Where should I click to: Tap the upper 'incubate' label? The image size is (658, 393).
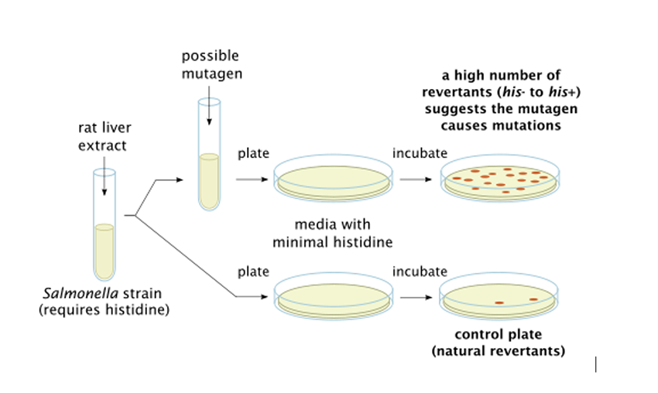pyautogui.click(x=420, y=153)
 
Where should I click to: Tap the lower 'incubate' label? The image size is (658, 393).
pyautogui.click(x=420, y=272)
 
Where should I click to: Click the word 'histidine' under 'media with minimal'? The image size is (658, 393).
pyautogui.click(x=364, y=242)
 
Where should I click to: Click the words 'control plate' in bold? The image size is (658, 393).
pyautogui.click(x=498, y=335)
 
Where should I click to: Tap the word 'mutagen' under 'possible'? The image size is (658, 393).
pyautogui.click(x=210, y=74)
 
